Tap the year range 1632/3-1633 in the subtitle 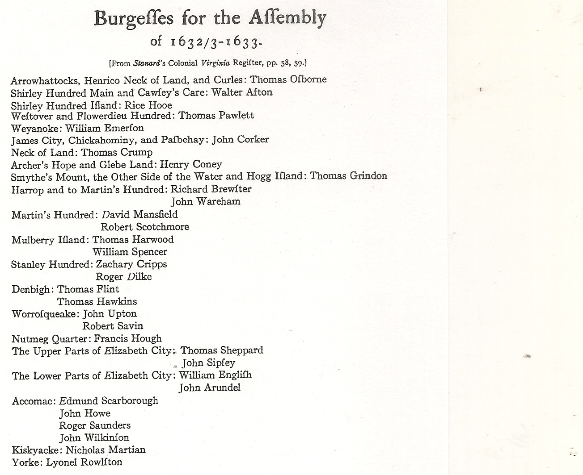(215, 42)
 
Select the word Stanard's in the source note (150, 63)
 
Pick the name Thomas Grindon (348, 176)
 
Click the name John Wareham (206, 202)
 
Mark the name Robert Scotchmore (145, 227)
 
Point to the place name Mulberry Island (48, 240)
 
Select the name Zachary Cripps (131, 264)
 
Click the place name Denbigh (31, 289)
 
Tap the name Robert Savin (113, 326)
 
